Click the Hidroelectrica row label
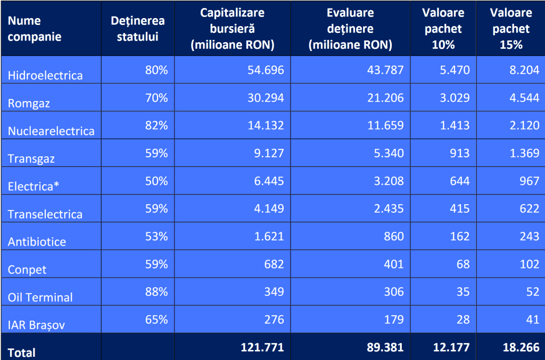point(45,75)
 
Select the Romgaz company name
point(29,103)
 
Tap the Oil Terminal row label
point(40,297)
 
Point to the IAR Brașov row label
point(36,324)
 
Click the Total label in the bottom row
point(21,352)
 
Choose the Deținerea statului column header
point(138,29)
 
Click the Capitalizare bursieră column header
point(232,29)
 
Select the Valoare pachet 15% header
point(510,29)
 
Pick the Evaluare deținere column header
point(350,29)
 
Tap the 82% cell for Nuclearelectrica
point(156,125)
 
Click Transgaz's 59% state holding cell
point(156,153)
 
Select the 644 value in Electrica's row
point(459,181)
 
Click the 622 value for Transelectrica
point(529,208)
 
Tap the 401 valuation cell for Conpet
point(393,264)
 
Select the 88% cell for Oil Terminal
point(156,291)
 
